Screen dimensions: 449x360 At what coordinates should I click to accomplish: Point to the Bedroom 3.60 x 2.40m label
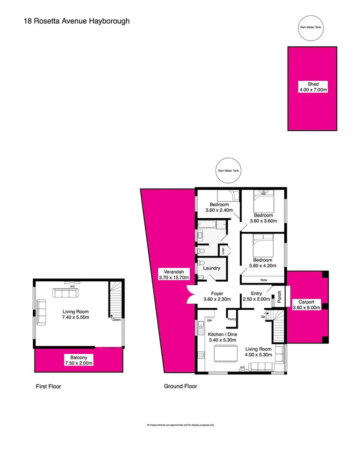(x=219, y=207)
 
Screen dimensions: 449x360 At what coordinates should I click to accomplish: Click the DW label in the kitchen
(x=210, y=321)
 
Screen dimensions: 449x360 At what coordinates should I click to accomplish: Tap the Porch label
(x=279, y=297)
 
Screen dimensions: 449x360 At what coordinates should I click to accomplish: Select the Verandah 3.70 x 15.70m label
(x=172, y=274)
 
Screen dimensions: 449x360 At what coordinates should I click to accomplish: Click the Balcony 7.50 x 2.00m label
(x=78, y=360)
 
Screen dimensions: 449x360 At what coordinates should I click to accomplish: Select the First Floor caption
(x=49, y=386)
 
